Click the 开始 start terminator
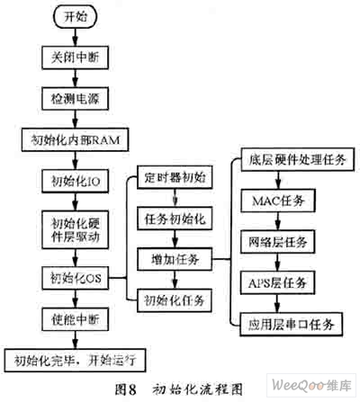pos(76,17)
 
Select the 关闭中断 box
pos(76,58)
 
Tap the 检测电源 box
pos(76,98)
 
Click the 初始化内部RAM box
pos(76,139)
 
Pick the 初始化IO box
pos(76,181)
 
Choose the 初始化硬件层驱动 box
pos(76,229)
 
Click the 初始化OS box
pos(76,278)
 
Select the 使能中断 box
pos(76,319)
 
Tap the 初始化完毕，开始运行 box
pos(76,361)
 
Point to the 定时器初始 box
pos(175,177)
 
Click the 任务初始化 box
pos(175,219)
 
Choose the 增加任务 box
pos(175,259)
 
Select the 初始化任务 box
pos(175,300)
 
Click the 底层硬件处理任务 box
pos(298,159)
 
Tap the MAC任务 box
pos(278,201)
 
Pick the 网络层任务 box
pos(278,242)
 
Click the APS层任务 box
pos(278,282)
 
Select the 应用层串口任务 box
pos(292,324)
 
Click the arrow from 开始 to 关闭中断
pos(76,37)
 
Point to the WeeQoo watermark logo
pos(311,385)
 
